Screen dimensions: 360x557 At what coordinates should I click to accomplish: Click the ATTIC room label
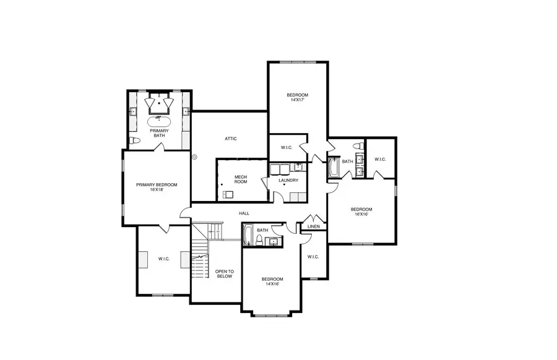click(x=230, y=139)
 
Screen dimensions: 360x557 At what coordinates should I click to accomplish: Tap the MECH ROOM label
click(x=240, y=179)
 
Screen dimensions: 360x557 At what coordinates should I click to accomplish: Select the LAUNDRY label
click(x=288, y=181)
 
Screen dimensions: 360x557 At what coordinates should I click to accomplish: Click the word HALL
click(x=244, y=213)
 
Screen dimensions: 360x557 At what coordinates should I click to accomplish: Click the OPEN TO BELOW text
click(x=224, y=273)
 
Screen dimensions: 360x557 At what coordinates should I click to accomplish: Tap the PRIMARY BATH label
click(x=159, y=133)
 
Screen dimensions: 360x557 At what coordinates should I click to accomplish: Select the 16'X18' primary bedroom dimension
click(x=157, y=190)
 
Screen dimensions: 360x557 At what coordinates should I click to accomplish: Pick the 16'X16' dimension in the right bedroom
click(x=362, y=214)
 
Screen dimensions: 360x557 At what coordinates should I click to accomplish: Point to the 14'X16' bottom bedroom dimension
click(x=272, y=284)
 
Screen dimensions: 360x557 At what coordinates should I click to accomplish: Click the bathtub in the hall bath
click(x=248, y=235)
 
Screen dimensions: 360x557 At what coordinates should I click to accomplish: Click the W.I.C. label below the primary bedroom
click(x=163, y=259)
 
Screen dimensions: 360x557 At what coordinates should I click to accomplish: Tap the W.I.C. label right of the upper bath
click(x=380, y=159)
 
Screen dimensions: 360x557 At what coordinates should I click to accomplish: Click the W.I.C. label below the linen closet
click(x=313, y=257)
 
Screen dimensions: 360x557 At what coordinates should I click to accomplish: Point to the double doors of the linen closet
click(x=313, y=219)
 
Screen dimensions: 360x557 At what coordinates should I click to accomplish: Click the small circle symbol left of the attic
click(x=195, y=157)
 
